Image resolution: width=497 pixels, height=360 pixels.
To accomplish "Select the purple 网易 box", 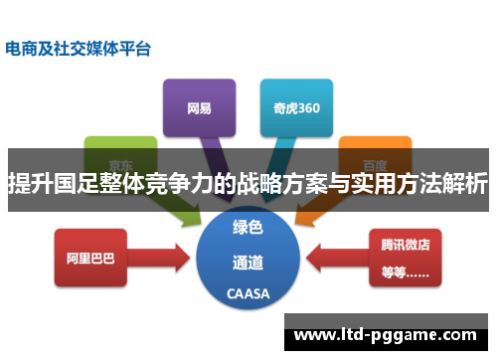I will (x=199, y=106).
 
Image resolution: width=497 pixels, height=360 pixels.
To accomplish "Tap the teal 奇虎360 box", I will (x=296, y=106).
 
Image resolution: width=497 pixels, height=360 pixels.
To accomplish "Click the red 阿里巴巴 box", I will (x=90, y=258).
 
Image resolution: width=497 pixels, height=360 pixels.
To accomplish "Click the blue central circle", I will (x=248, y=260).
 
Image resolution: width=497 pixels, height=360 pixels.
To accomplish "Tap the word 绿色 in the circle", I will (x=248, y=229).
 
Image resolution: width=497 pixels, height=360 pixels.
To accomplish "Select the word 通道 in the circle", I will (x=248, y=264).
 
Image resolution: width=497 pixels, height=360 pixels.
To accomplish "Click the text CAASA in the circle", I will (x=248, y=294).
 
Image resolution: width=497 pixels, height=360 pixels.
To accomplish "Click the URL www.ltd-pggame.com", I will (x=389, y=329).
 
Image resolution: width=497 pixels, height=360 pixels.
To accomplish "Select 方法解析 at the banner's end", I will (x=442, y=184).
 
